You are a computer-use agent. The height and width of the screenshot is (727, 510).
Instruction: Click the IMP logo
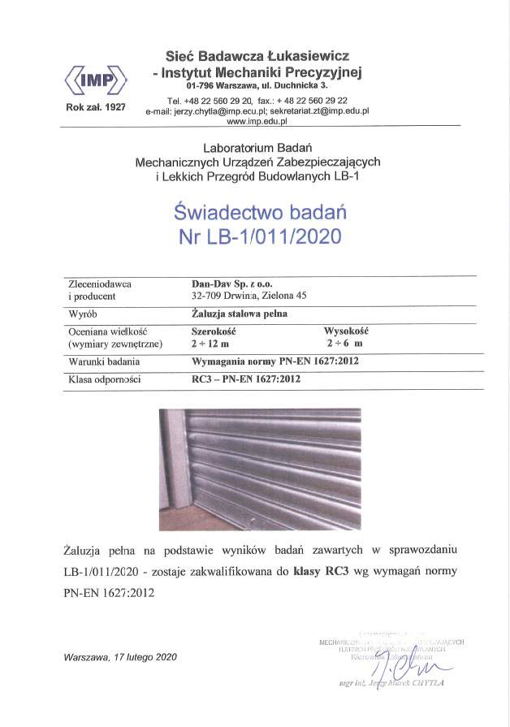pyautogui.click(x=95, y=80)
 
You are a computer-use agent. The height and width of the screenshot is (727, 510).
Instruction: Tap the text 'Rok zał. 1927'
pyautogui.click(x=95, y=107)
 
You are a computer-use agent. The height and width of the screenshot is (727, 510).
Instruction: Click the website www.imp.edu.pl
pyautogui.click(x=257, y=121)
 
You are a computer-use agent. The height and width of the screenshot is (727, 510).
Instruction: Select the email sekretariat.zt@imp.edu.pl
pyautogui.click(x=321, y=110)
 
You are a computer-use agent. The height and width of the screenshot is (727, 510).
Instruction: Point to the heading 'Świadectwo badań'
pyautogui.click(x=261, y=213)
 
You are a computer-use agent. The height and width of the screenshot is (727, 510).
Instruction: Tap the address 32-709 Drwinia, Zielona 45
pyautogui.click(x=244, y=296)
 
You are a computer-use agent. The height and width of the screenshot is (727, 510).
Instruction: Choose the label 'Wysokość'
pyautogui.click(x=347, y=331)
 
